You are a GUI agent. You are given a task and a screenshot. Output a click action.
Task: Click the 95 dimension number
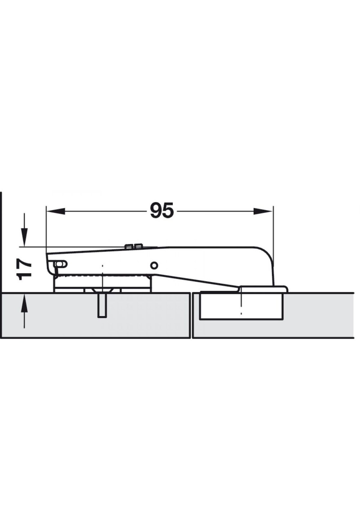coord(162,211)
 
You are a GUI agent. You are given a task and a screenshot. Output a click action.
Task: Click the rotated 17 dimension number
coord(24,270)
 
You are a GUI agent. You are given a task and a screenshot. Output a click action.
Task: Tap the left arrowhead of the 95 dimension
coord(56,211)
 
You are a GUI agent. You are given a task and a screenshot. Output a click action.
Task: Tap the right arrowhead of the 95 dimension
coord(263,211)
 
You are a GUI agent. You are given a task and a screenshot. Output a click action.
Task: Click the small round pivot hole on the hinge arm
coord(154,265)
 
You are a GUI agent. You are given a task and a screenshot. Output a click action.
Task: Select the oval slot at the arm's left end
coord(61,264)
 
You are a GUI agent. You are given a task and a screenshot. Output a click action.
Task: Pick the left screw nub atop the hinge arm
coord(128,247)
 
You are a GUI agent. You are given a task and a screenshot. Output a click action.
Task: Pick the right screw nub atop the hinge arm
coord(138,246)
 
